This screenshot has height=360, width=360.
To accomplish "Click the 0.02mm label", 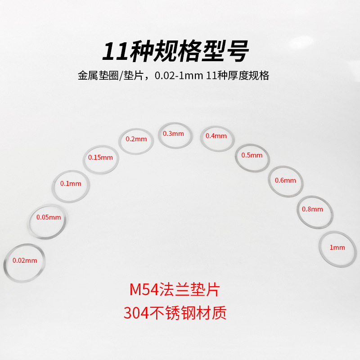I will point(25,260).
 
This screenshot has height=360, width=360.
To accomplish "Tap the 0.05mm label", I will point(49,217).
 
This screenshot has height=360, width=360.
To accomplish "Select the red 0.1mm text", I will point(71,184).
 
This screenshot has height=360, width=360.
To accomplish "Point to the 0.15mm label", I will point(101,157).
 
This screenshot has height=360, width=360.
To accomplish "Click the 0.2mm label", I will point(136,139).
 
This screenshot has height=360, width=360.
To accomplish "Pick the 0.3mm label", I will point(174,134).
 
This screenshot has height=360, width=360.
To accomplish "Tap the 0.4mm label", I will point(216,136).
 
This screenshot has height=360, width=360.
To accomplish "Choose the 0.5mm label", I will point(252,155).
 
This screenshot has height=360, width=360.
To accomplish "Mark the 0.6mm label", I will point(286,180).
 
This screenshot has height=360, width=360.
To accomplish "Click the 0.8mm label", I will point(313,209).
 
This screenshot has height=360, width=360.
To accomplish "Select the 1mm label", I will point(337,247).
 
